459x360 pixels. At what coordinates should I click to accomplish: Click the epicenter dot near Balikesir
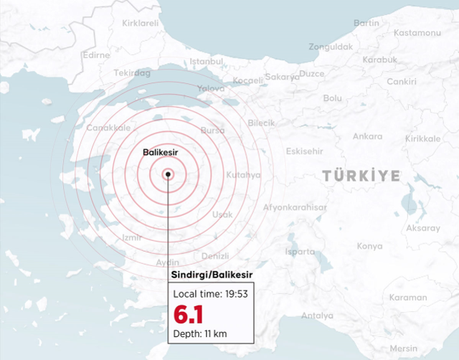coord(168,173)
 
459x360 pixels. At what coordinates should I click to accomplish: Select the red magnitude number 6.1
coord(188,315)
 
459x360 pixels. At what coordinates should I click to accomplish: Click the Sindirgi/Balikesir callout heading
coord(212,275)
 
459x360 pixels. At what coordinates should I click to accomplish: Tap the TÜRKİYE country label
coord(360,175)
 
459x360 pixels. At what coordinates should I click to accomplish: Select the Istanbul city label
coord(208,62)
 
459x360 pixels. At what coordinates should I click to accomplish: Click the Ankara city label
coord(367,136)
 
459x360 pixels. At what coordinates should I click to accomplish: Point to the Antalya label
coord(318,316)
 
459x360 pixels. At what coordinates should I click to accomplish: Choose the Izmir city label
coord(132,237)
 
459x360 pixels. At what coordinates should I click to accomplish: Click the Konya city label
coord(370,246)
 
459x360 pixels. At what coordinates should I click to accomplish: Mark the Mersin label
coord(423,349)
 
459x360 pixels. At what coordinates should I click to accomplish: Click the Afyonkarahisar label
coord(295,207)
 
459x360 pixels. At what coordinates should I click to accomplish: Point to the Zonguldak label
coord(331,47)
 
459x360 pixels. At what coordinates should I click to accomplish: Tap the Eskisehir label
coord(304,151)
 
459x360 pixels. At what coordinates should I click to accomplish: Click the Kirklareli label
coord(141,23)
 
